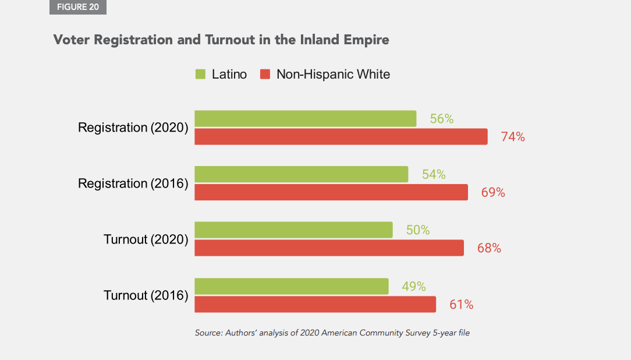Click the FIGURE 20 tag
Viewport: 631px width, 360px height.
[x=78, y=7]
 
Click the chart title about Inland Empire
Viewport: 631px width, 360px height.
[x=221, y=40]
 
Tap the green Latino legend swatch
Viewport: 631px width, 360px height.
[x=201, y=75]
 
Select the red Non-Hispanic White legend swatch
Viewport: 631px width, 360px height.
[x=265, y=75]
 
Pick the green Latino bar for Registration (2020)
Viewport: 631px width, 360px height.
[x=305, y=118]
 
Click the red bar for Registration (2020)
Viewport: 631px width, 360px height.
[x=341, y=137]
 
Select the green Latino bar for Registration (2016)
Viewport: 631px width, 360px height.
[x=301, y=174]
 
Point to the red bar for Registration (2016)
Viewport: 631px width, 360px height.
[x=331, y=192]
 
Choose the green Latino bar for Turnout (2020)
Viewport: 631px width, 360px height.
[x=293, y=230]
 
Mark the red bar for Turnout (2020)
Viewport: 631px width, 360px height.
[x=329, y=248]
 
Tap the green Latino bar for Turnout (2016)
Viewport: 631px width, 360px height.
[x=291, y=286]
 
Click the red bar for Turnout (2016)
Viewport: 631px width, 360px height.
[x=315, y=304]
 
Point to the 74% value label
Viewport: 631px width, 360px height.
[x=513, y=137]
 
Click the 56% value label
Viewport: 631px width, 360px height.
[x=442, y=119]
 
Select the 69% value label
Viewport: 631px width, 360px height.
[x=493, y=193]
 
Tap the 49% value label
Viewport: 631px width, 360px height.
[x=414, y=287]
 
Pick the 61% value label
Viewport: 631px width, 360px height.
[x=461, y=305]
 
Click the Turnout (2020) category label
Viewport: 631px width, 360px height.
[x=146, y=239]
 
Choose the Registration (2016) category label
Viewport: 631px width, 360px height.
[x=133, y=183]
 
